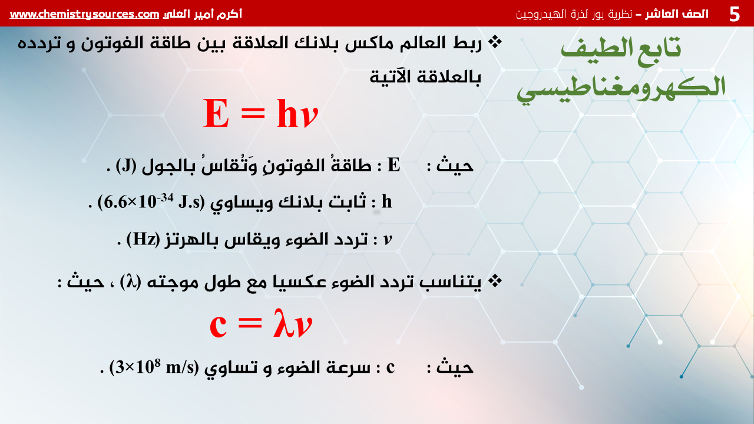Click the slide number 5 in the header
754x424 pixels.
[x=735, y=14]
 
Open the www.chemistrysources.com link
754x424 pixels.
[x=84, y=14]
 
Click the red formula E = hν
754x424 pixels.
[x=260, y=114]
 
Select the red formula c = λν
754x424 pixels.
[x=261, y=324]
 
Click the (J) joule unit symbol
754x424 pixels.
[x=126, y=165]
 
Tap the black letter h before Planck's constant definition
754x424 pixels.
[x=387, y=201]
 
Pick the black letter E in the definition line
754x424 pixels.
[x=394, y=165]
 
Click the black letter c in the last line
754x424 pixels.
[x=391, y=367]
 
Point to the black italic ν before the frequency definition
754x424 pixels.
[x=388, y=240]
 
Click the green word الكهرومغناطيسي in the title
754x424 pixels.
[x=621, y=89]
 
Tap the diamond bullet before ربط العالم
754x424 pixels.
[x=495, y=42]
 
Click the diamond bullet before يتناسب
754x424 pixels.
[x=495, y=281]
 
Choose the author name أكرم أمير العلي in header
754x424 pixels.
[x=202, y=14]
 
